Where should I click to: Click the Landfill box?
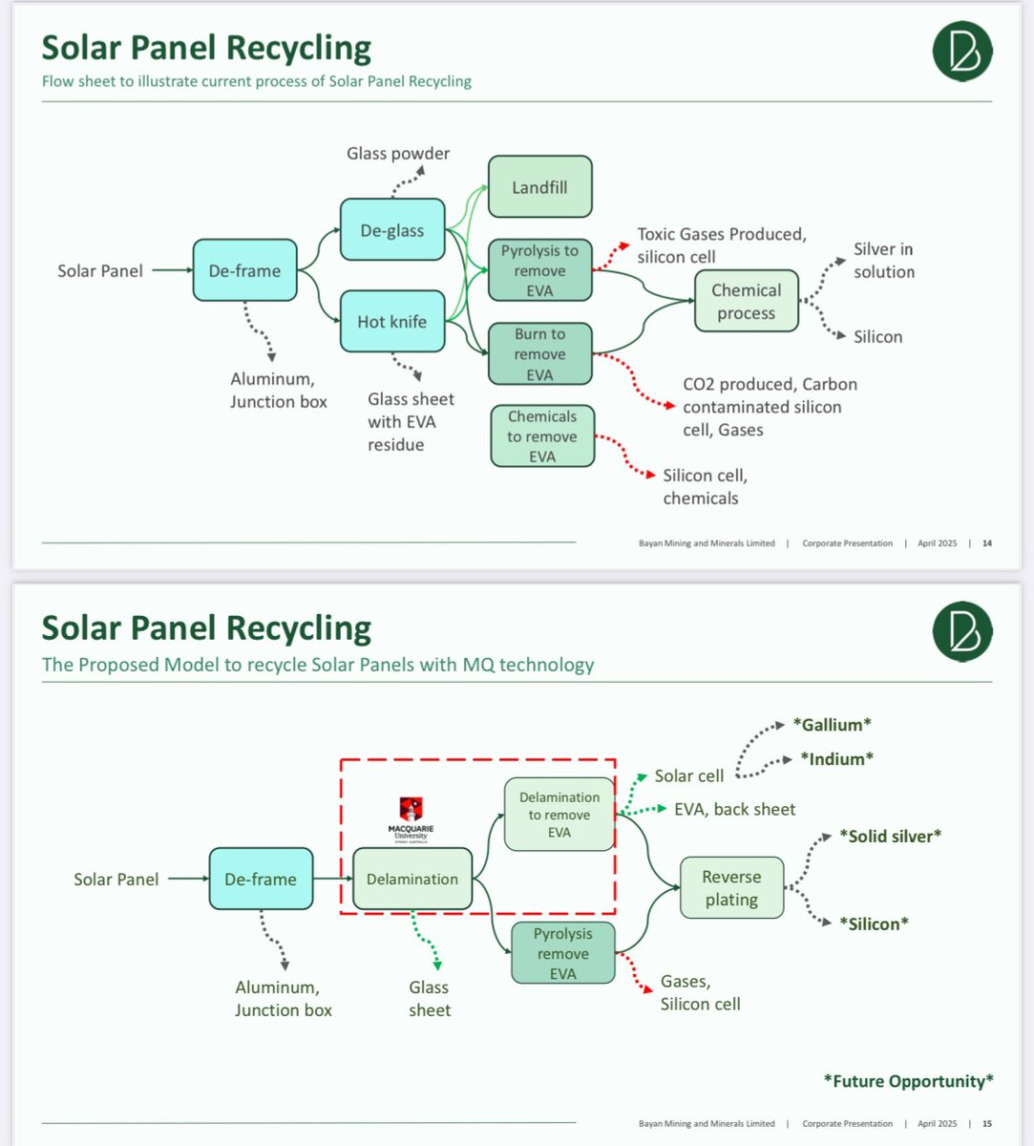(539, 187)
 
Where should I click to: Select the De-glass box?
(392, 229)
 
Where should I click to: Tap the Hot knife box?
(392, 321)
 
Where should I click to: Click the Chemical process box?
(746, 301)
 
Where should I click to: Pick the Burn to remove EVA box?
(539, 353)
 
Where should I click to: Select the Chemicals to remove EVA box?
(542, 435)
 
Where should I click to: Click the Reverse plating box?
(731, 888)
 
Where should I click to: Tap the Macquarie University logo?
(411, 819)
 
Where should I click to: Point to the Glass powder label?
(398, 153)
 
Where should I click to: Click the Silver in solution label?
(884, 261)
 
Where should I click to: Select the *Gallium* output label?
(832, 725)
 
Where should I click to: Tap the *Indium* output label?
(837, 758)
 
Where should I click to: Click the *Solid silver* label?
(890, 836)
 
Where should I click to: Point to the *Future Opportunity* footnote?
(908, 1081)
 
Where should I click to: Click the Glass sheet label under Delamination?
(430, 999)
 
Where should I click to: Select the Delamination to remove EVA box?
(559, 815)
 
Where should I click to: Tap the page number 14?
(987, 543)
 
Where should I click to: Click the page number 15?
(987, 1124)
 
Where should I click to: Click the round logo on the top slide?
(962, 51)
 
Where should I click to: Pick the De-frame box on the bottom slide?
(261, 879)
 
